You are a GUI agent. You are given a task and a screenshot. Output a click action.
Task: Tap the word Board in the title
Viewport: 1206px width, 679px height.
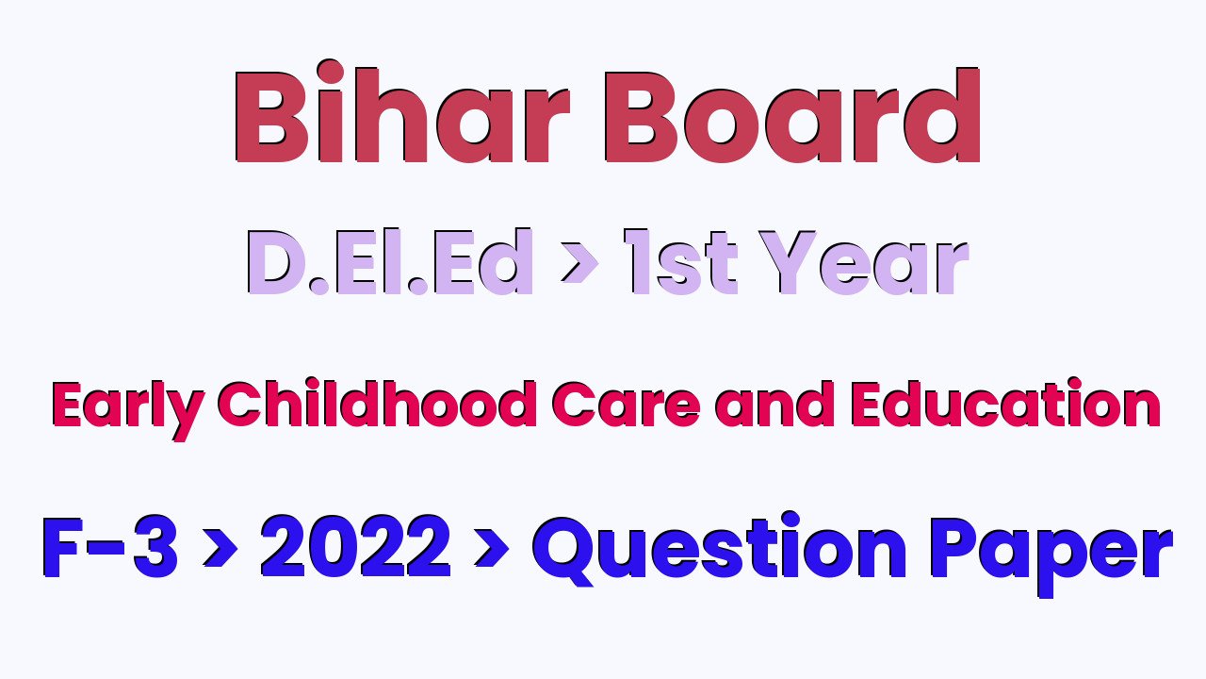point(792,115)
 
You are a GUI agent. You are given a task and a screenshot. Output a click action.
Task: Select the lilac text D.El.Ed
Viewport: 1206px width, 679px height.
point(390,261)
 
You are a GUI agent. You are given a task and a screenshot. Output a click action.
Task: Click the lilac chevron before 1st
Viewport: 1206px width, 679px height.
point(579,263)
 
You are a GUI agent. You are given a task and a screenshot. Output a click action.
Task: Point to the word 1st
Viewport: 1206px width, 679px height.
point(680,262)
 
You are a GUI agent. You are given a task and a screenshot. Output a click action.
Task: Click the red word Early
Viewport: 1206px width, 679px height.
point(128,408)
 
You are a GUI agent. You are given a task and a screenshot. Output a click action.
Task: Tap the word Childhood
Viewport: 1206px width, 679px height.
point(378,404)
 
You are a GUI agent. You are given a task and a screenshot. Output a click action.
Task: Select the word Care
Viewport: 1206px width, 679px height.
point(627,405)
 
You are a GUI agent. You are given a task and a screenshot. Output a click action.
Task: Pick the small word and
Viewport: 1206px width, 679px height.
point(775,404)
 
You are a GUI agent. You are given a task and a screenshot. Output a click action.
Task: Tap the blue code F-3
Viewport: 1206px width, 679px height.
point(110,546)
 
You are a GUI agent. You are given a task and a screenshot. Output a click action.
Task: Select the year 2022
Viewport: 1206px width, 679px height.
point(355,546)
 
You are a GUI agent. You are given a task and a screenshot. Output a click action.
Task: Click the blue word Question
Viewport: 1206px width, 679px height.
point(719,549)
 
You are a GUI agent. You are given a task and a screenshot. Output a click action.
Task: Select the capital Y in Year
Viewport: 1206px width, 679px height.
point(788,262)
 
